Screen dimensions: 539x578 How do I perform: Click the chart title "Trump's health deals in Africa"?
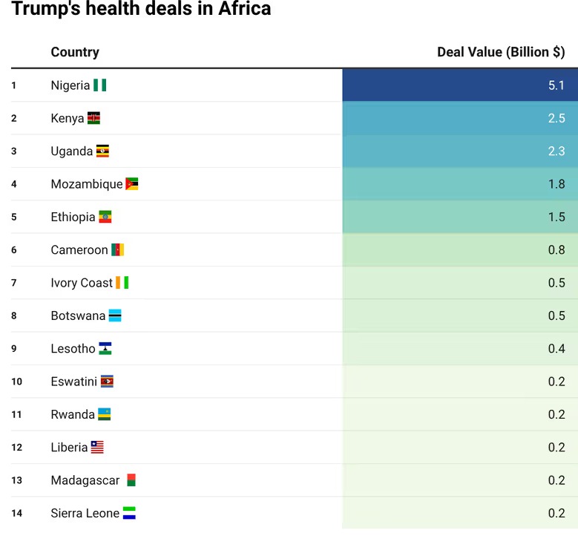(x=141, y=10)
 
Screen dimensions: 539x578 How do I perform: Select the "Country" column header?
(x=75, y=52)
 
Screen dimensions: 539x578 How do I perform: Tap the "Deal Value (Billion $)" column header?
(x=501, y=52)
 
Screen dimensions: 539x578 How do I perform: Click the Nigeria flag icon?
(x=99, y=85)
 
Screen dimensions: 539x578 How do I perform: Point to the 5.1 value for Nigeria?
(x=556, y=85)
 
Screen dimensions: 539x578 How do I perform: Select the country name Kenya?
(x=68, y=118)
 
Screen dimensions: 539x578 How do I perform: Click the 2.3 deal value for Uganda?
(x=556, y=151)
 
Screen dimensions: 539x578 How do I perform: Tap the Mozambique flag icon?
(x=132, y=184)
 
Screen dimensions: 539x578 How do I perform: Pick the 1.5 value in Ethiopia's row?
(x=556, y=217)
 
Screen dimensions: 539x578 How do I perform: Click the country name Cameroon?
(x=79, y=250)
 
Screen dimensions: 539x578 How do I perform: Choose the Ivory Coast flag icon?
(x=122, y=283)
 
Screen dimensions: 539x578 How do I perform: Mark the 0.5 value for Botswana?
(x=556, y=316)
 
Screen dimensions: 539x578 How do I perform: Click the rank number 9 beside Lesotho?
(x=14, y=349)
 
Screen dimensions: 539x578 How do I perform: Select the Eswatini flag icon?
(x=107, y=382)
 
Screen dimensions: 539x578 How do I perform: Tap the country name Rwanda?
(x=73, y=414)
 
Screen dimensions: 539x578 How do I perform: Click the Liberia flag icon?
(x=97, y=447)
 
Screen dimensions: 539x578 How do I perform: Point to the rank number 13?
(x=16, y=480)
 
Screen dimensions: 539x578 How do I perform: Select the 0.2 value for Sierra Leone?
(x=556, y=513)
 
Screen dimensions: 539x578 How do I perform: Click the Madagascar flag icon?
(x=131, y=480)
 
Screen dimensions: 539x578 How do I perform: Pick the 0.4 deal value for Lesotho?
(x=556, y=349)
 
